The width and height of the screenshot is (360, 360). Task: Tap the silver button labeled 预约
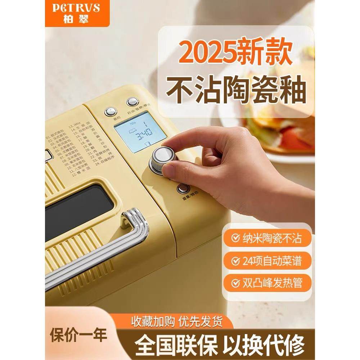pos(110,111)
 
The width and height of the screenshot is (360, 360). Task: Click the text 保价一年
pos(78,335)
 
